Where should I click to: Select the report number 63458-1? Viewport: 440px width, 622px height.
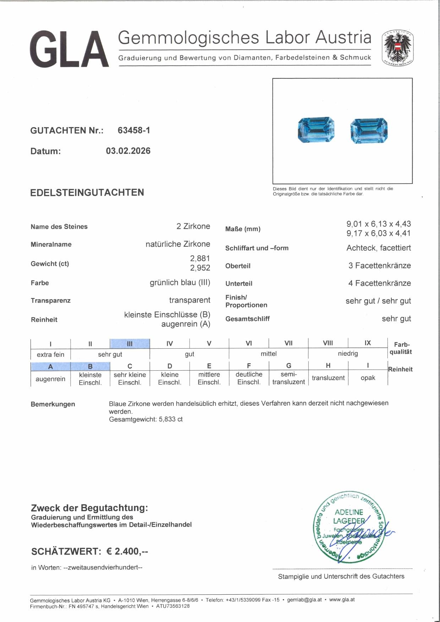pyautogui.click(x=134, y=130)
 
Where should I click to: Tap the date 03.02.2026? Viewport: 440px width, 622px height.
pyautogui.click(x=128, y=151)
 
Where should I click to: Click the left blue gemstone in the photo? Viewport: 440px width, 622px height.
pyautogui.click(x=316, y=130)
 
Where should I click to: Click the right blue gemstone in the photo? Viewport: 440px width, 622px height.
pyautogui.click(x=369, y=131)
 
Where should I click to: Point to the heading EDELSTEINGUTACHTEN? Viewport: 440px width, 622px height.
pyautogui.click(x=87, y=192)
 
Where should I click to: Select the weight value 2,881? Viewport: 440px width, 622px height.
pyautogui.click(x=200, y=258)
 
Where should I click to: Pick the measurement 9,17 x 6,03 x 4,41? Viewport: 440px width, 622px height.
pyautogui.click(x=379, y=233)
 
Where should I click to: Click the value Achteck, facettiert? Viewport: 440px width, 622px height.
pyautogui.click(x=379, y=248)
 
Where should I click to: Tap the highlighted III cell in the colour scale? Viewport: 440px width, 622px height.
pyautogui.click(x=130, y=344)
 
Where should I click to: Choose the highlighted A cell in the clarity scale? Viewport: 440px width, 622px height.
pyautogui.click(x=50, y=366)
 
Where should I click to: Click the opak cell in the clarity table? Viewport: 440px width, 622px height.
pyautogui.click(x=368, y=378)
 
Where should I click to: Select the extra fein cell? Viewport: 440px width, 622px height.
pyautogui.click(x=50, y=354)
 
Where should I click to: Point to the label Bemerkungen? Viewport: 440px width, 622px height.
pyautogui.click(x=53, y=404)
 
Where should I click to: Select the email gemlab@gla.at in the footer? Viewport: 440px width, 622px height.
pyautogui.click(x=304, y=600)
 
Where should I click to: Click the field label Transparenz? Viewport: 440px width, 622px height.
pyautogui.click(x=50, y=300)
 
